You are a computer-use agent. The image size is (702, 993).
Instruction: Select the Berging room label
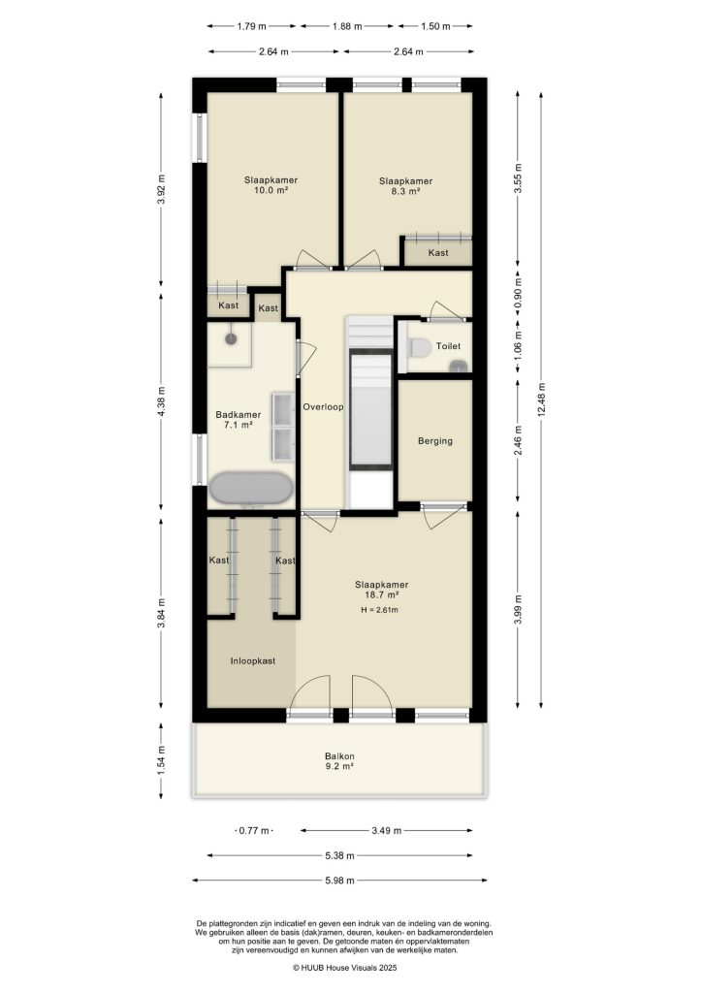pos(435,440)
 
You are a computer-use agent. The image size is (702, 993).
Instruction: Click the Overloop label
pos(324,407)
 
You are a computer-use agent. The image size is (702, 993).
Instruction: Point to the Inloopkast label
pos(252,660)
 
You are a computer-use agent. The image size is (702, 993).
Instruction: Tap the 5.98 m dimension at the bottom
pos(338,881)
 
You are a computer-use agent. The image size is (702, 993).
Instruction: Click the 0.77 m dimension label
pos(254,831)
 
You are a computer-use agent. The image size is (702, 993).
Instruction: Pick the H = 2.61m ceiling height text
pos(380,610)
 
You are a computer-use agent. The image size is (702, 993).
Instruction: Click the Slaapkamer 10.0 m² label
pos(271,185)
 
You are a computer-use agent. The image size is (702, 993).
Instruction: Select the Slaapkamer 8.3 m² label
pos(405,186)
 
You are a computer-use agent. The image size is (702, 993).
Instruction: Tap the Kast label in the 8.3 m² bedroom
pos(438,253)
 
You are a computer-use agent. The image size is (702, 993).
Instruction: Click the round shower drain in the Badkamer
pos(231,338)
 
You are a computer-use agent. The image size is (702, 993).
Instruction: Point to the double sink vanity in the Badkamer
pos(282,427)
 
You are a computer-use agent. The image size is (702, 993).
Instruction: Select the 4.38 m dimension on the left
pos(162,400)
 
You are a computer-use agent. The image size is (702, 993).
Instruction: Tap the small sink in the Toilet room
pos(458,365)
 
